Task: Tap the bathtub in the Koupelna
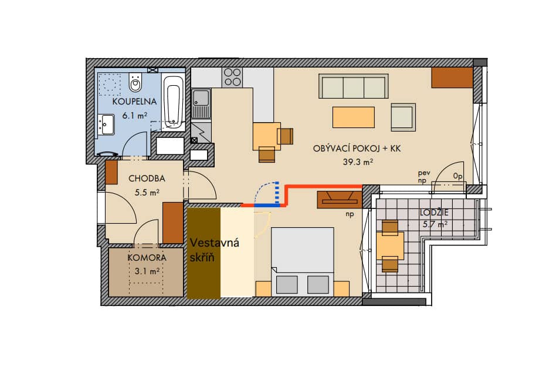(x=174, y=103)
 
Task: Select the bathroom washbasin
(x=106, y=124)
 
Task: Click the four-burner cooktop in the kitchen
(x=232, y=77)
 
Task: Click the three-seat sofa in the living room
(x=354, y=86)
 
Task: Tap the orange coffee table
(x=354, y=117)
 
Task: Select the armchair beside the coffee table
(x=403, y=117)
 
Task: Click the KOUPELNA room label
(x=134, y=102)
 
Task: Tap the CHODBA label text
(x=147, y=179)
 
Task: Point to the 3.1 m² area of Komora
(x=147, y=271)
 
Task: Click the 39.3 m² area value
(x=358, y=161)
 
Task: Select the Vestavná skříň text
(x=214, y=250)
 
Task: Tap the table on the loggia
(x=390, y=245)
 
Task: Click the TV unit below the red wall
(x=340, y=200)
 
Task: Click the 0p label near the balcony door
(x=458, y=177)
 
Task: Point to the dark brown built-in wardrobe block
(x=204, y=253)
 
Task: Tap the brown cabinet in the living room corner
(x=452, y=78)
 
